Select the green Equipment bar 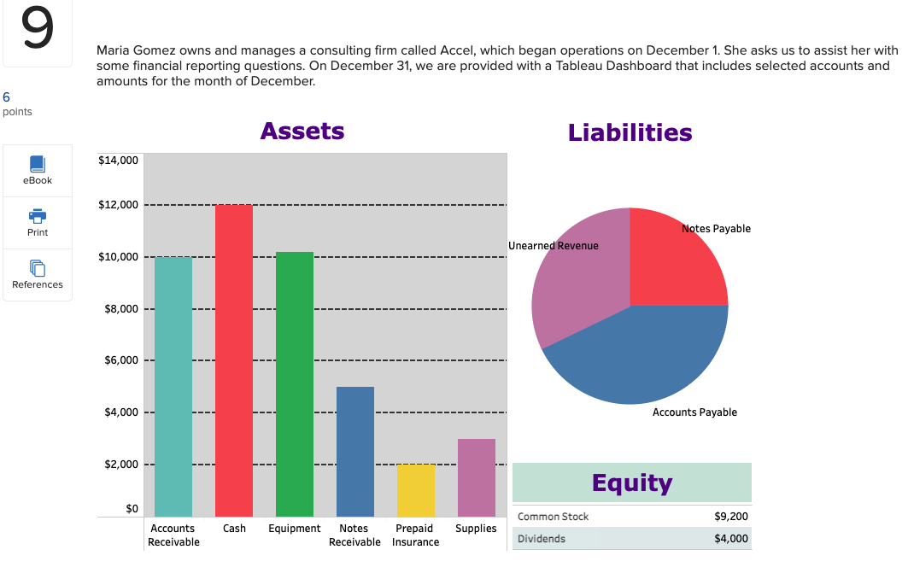tap(295, 384)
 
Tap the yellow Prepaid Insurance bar tap(416, 490)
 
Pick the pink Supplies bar tap(477, 477)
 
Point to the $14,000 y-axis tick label tap(119, 160)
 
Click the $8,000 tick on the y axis tap(121, 309)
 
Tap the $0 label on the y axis tap(132, 509)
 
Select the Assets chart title tap(302, 132)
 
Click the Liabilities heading tap(630, 132)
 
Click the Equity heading tap(632, 482)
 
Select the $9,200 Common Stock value tap(730, 517)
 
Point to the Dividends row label tap(541, 538)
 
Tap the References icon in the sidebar tap(38, 267)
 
